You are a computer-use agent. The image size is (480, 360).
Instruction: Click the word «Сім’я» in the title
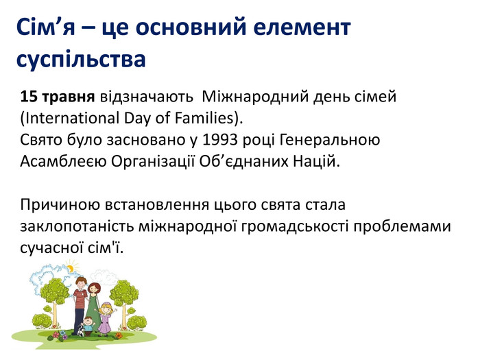[46, 27]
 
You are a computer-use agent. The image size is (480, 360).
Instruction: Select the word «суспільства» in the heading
[81, 59]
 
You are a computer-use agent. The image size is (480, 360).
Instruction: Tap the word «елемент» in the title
[302, 27]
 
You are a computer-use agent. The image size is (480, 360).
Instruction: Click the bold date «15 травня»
[57, 97]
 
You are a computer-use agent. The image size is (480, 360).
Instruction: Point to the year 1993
[220, 140]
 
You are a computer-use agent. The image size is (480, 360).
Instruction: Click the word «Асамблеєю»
[63, 161]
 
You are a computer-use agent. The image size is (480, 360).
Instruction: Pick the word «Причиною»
[60, 205]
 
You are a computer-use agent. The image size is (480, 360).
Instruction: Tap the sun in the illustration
[71, 268]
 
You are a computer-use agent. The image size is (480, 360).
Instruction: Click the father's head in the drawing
[81, 283]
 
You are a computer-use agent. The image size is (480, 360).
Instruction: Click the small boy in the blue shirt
[88, 326]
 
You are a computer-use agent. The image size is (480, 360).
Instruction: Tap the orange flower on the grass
[119, 336]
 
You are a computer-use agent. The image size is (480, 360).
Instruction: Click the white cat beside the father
[80, 331]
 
